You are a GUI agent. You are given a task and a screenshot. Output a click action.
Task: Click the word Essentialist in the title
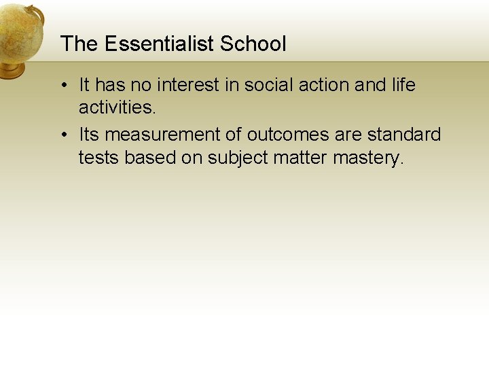160,44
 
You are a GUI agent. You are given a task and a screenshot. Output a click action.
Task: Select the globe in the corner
18,31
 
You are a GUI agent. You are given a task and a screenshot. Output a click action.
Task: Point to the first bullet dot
62,86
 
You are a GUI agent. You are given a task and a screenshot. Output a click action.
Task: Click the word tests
98,157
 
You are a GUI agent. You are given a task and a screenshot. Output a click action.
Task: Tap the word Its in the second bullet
89,135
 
